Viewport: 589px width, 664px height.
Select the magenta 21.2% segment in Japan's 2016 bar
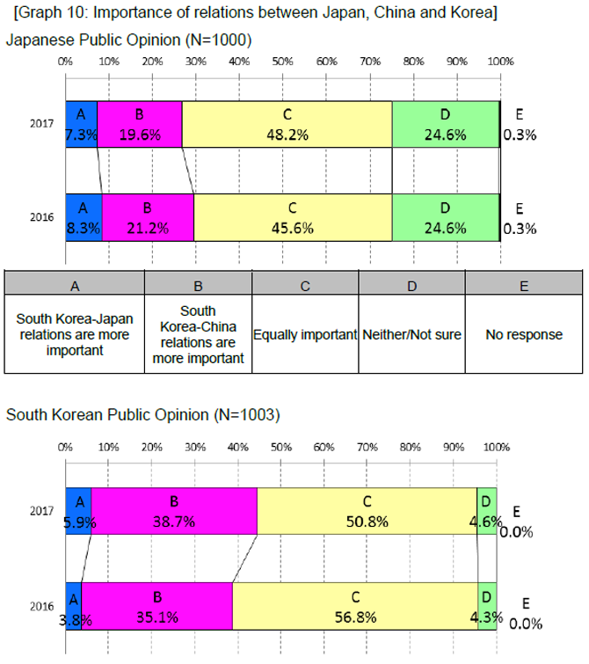pyautogui.click(x=148, y=217)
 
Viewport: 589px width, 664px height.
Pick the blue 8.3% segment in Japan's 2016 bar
pyautogui.click(x=84, y=217)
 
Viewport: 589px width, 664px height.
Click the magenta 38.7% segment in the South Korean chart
pyautogui.click(x=174, y=510)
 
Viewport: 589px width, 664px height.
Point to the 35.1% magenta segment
pyautogui.click(x=156, y=606)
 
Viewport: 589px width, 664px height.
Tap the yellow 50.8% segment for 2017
pyautogui.click(x=367, y=510)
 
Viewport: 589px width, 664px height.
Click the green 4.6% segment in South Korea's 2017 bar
pyautogui.click(x=486, y=510)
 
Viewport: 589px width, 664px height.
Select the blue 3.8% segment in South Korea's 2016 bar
pyautogui.click(x=73, y=606)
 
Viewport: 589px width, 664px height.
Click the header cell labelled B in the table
pyautogui.click(x=198, y=286)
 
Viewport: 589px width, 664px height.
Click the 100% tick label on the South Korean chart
pyautogui.click(x=498, y=447)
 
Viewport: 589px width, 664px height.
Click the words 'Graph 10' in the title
pyautogui.click(x=47, y=11)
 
